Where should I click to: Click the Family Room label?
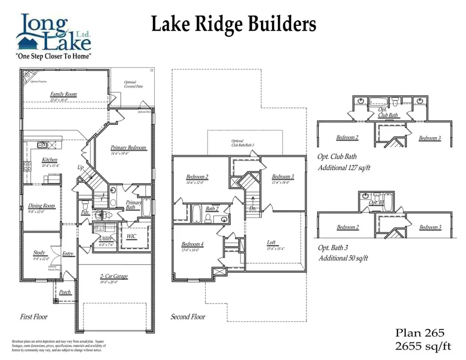point(63,94)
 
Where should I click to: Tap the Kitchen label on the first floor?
point(50,160)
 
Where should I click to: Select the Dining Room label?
point(41,206)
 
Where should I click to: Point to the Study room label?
point(40,253)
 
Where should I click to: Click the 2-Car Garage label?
point(113,277)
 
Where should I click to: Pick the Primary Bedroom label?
point(128,148)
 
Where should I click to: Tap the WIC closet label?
point(132,236)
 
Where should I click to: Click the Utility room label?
point(107,239)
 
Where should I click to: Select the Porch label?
point(65,292)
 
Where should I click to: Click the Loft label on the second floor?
point(271,242)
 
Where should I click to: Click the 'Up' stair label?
point(80,168)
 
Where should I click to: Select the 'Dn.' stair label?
point(253,208)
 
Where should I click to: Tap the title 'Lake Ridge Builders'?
point(233,24)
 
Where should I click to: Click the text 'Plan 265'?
point(419,333)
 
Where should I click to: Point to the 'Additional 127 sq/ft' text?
point(344,168)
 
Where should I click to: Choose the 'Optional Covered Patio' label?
point(134,84)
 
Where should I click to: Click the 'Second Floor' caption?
point(188,316)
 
